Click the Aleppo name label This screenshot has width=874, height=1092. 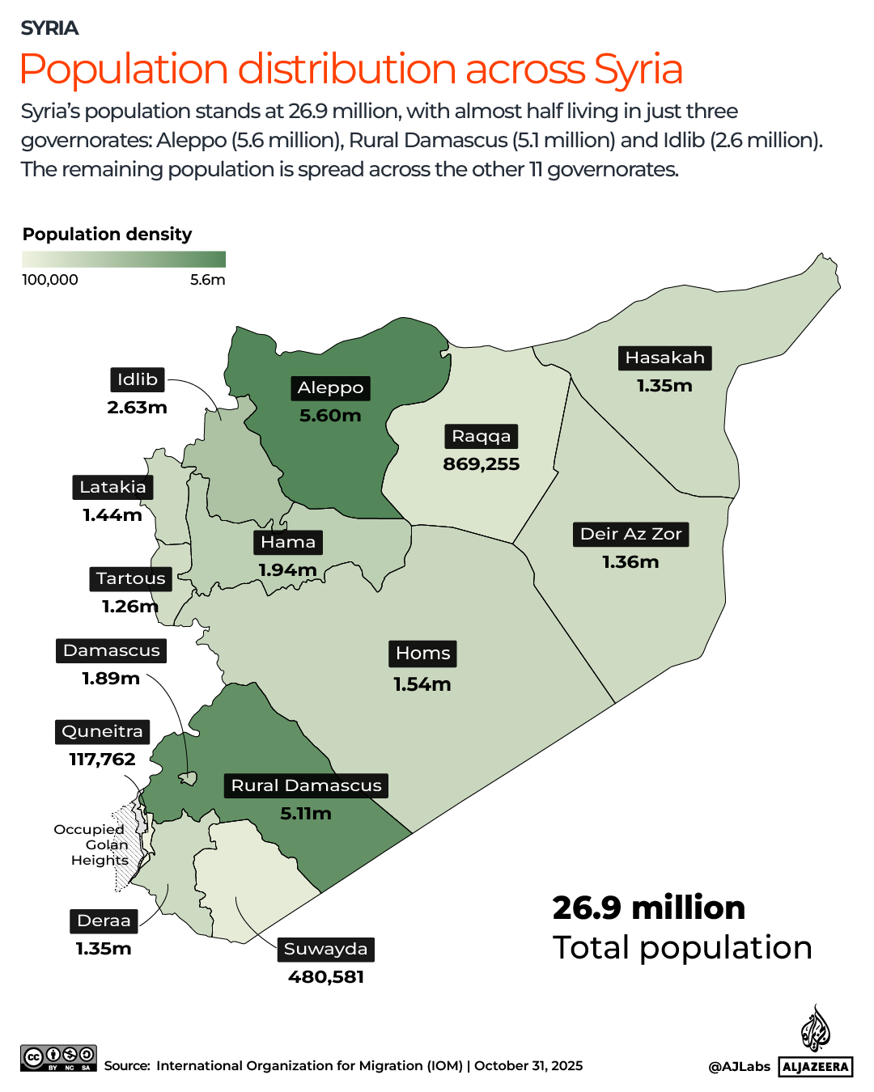330,388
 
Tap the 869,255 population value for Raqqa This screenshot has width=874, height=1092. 481,464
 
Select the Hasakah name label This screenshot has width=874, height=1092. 664,358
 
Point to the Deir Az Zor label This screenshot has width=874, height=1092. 630,534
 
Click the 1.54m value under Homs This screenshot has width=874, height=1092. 422,684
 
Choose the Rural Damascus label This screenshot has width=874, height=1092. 306,785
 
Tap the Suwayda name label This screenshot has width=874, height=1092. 325,949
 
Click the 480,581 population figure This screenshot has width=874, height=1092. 326,977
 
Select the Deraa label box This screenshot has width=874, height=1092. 104,921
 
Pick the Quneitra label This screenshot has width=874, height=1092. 102,731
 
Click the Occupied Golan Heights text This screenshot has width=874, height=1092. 91,844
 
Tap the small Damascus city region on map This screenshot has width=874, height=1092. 188,778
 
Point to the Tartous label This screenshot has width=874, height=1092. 130,578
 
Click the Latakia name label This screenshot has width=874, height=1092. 112,487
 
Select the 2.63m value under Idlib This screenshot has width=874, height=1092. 137,408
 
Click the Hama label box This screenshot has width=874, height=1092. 288,542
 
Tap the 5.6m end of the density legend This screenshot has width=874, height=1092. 208,280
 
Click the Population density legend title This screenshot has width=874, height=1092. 107,235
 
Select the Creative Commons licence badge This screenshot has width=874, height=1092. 58,1058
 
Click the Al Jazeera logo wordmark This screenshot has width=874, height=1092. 816,1067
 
